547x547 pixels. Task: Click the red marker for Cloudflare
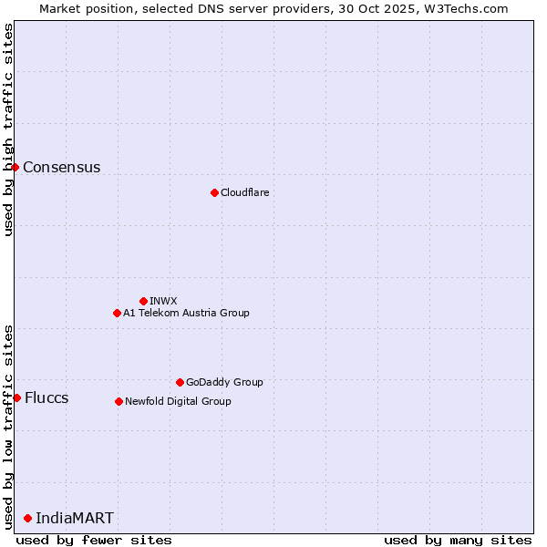tap(214, 192)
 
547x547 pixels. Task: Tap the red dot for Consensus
tap(15, 167)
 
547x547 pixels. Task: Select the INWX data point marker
tap(143, 301)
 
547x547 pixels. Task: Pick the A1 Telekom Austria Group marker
tap(117, 313)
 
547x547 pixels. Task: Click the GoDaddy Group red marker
tap(180, 382)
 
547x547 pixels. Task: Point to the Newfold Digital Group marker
tap(119, 401)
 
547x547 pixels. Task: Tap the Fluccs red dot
tap(16, 397)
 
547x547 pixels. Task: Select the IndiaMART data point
tap(27, 518)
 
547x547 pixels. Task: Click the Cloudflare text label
tap(244, 192)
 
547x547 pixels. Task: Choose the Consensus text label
tap(61, 167)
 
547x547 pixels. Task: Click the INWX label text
tap(163, 301)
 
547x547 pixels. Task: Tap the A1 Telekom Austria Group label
tap(186, 313)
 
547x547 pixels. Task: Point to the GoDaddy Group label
tap(224, 382)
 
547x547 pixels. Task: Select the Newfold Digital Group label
tap(178, 401)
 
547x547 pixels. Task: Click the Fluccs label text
tap(46, 397)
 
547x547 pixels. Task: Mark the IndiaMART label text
tap(75, 518)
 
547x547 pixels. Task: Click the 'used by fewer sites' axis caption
tap(94, 540)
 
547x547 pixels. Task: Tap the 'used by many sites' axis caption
tap(458, 540)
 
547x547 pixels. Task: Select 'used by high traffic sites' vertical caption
tap(9, 129)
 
